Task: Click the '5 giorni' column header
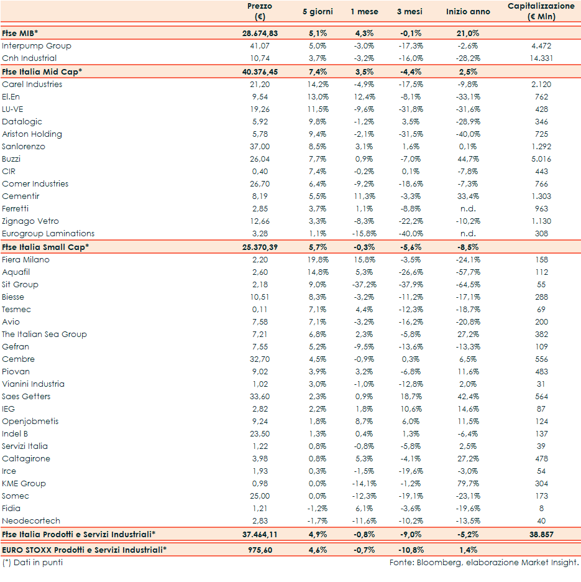[318, 12]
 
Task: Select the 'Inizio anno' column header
[468, 12]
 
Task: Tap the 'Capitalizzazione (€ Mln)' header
[541, 11]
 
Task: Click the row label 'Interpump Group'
[37, 46]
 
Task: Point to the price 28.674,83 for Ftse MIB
[260, 33]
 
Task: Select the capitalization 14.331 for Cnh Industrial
[541, 58]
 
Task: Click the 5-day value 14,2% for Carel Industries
[318, 85]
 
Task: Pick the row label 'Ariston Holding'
[32, 134]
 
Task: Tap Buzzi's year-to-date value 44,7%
[467, 159]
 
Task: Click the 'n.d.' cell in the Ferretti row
[467, 209]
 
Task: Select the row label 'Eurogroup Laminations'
[48, 234]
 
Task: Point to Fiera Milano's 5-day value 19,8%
[318, 260]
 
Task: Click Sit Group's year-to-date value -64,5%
[467, 285]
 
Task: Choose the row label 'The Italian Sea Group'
[44, 335]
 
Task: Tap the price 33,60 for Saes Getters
[260, 397]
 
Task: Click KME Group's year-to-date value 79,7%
[467, 484]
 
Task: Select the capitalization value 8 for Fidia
[541, 509]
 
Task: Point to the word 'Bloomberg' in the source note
[436, 563]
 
